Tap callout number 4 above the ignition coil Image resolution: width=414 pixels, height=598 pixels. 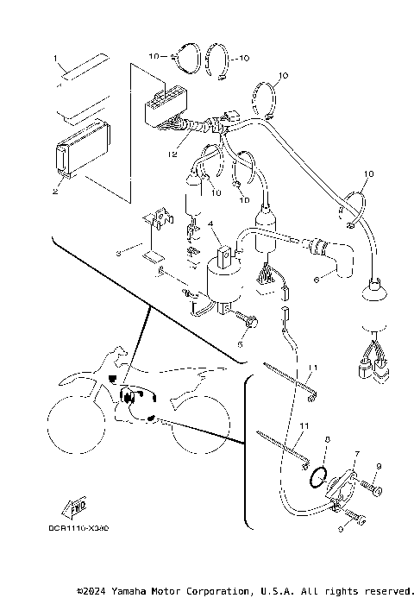(198, 223)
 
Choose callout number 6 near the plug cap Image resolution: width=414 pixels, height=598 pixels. (317, 279)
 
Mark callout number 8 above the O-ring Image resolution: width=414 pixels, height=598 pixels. (327, 439)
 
